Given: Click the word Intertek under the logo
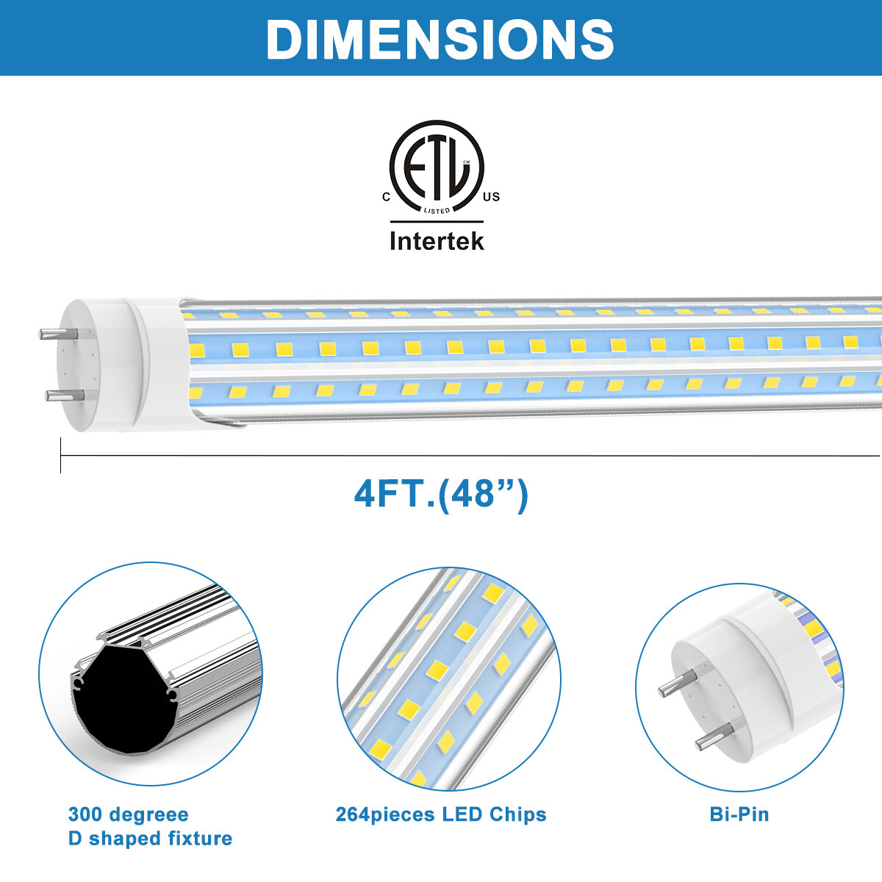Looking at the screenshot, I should tap(437, 241).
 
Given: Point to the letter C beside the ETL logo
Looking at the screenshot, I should tap(386, 197).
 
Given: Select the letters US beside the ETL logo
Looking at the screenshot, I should tap(492, 197).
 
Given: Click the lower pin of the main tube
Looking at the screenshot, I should tap(56, 395).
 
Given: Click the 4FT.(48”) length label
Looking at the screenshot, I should tap(441, 494).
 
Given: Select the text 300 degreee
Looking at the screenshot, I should tap(129, 814).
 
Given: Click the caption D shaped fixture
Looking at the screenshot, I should tap(150, 839).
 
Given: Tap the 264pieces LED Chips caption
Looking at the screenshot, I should tap(441, 814).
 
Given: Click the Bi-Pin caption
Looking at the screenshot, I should tap(739, 814).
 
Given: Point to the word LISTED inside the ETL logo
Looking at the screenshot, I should tap(437, 211).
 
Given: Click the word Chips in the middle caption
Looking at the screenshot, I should tap(517, 814).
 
